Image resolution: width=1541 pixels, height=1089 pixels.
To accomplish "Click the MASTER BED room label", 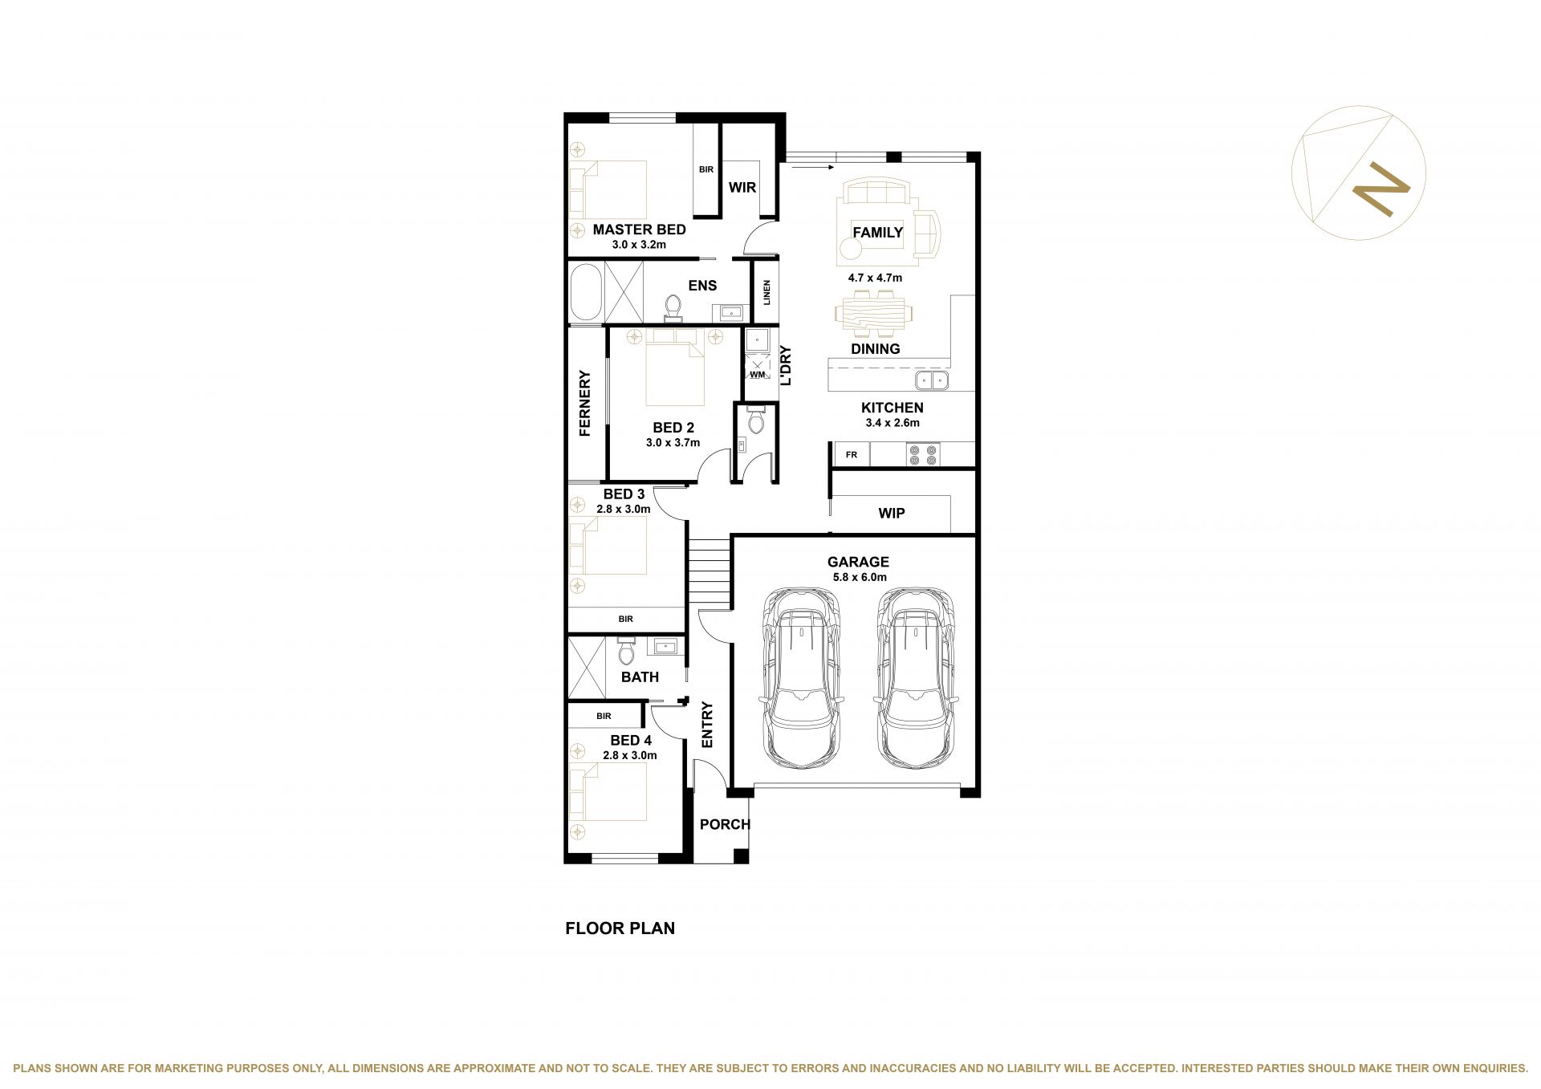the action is click(639, 230).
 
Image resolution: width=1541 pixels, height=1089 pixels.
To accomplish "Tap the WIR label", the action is click(742, 187).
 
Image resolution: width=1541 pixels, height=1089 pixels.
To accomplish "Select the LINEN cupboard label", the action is click(767, 292).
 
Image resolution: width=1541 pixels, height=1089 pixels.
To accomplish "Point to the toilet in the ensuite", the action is click(673, 308).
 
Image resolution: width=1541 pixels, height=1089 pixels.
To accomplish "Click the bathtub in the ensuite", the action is click(585, 292).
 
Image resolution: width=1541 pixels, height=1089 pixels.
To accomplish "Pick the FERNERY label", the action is click(584, 403).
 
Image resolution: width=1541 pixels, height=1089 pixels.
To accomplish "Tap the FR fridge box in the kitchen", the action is click(852, 455).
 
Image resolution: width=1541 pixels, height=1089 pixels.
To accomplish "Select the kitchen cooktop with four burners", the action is click(922, 455).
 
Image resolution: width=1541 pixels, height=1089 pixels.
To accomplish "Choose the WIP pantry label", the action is click(892, 513).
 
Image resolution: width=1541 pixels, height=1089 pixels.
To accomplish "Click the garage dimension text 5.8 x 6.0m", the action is click(858, 577).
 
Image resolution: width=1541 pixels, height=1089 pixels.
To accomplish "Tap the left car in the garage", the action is click(801, 679).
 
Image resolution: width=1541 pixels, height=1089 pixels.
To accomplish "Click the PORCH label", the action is click(725, 824).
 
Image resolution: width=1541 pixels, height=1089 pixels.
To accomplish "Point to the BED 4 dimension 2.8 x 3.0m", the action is click(630, 755).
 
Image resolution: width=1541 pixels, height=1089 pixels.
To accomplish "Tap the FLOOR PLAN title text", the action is click(620, 928).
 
